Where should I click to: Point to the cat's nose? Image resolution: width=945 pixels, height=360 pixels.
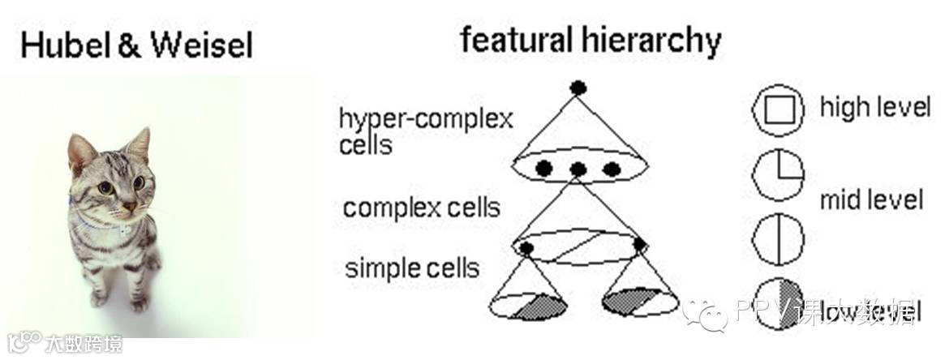[128, 208]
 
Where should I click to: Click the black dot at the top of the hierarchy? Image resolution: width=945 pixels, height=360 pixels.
[578, 88]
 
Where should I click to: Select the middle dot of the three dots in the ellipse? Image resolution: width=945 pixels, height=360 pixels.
[578, 169]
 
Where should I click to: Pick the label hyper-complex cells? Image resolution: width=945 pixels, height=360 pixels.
[425, 131]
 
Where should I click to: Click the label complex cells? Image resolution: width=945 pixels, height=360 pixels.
[421, 208]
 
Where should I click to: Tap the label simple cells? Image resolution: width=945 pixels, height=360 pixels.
[412, 267]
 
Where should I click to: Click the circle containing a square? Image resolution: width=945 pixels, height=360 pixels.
[779, 112]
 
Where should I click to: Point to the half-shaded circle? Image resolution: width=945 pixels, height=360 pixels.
[779, 304]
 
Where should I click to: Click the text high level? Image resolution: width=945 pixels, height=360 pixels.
[874, 107]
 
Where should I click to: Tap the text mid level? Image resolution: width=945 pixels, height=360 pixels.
[871, 199]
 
